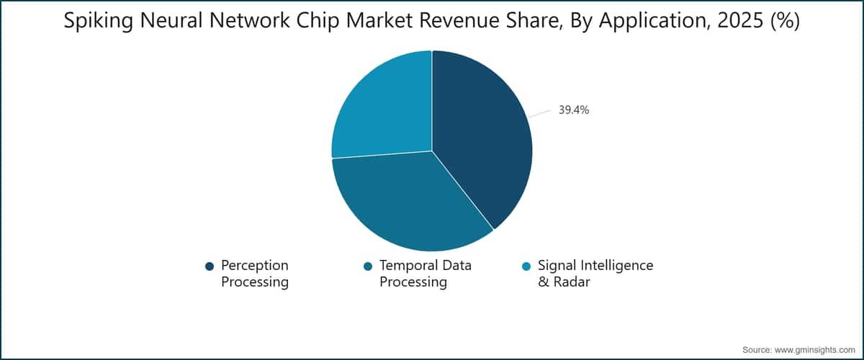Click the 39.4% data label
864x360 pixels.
pos(574,110)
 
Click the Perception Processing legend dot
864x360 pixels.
pos(210,266)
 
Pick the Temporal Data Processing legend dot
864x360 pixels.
pos(368,266)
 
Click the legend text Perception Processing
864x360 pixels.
pos(254,274)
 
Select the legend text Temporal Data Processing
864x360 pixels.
pos(425,274)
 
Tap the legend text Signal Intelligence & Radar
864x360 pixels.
pos(595,274)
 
